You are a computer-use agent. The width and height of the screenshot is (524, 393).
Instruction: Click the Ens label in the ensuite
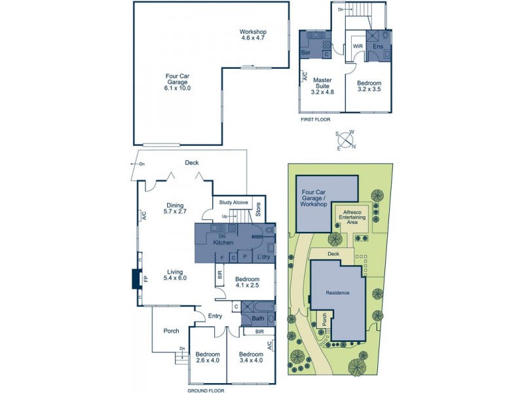pyautogui.click(x=378, y=48)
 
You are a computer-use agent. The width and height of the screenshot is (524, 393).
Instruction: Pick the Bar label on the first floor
pyautogui.click(x=306, y=52)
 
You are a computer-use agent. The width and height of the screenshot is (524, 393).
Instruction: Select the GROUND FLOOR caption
pyautogui.click(x=206, y=390)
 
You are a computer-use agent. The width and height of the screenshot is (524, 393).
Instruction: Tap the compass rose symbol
pyautogui.click(x=346, y=139)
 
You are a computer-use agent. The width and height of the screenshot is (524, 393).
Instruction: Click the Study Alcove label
pyautogui.click(x=233, y=202)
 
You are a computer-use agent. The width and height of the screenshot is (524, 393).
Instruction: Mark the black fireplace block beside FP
pyautogui.click(x=135, y=278)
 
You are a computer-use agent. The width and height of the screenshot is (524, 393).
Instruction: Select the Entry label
pyautogui.click(x=215, y=316)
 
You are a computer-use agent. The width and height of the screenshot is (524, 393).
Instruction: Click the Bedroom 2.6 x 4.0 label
pyautogui.click(x=207, y=357)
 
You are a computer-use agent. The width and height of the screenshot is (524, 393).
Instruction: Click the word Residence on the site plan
pyautogui.click(x=338, y=293)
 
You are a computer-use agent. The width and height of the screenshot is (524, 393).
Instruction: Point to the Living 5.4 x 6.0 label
pyautogui.click(x=175, y=274)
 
